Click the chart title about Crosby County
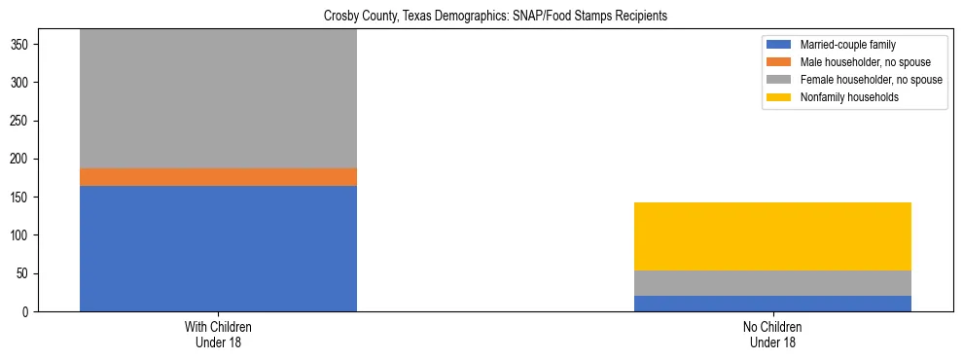(x=481, y=17)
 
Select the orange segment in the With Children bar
(x=218, y=177)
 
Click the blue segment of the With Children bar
(x=218, y=248)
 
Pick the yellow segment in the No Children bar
(x=772, y=236)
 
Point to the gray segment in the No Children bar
(x=772, y=283)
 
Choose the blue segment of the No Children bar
(x=772, y=304)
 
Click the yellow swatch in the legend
(x=779, y=97)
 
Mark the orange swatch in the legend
(x=779, y=62)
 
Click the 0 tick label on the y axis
(x=29, y=312)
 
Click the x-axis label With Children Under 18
(x=218, y=335)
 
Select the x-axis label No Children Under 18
(x=772, y=335)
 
